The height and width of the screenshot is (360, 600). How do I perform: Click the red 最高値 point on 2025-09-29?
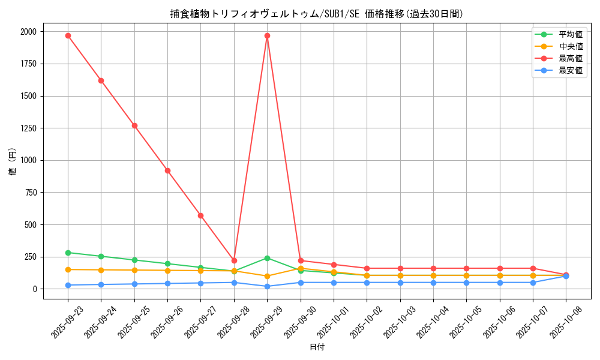pos(267,35)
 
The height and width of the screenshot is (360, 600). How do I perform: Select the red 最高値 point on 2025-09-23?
pos(68,35)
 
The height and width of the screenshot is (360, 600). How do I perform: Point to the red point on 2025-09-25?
pos(134,125)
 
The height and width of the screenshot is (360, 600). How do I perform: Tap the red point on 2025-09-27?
pos(200,215)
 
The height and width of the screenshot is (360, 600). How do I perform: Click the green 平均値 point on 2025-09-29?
pos(267,258)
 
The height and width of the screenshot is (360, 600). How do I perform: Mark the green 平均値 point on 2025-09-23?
pos(68,253)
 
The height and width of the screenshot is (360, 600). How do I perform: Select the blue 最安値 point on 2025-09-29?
pos(267,286)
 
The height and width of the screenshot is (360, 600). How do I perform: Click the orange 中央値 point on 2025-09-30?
pos(301,268)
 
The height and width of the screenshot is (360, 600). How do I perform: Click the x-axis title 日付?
pos(317,347)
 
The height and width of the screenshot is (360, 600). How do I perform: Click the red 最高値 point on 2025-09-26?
pos(167,170)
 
